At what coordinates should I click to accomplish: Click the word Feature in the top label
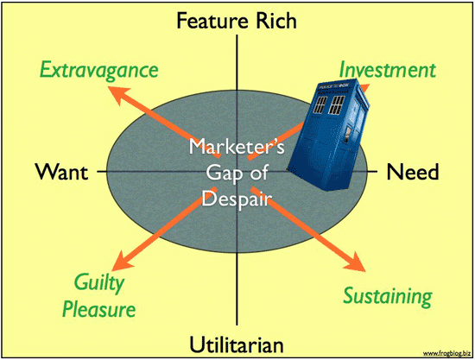(x=213, y=21)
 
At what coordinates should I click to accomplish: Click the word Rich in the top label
(x=276, y=21)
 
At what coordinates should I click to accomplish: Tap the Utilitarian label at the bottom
(x=237, y=344)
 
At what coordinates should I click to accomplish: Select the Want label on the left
(x=62, y=172)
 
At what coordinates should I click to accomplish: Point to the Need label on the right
(x=413, y=172)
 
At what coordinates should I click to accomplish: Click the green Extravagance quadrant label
(x=99, y=71)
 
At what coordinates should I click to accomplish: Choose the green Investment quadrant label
(x=388, y=70)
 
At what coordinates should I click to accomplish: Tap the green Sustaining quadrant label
(x=388, y=296)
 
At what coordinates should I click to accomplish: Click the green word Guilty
(x=99, y=283)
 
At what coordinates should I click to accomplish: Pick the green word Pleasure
(x=99, y=309)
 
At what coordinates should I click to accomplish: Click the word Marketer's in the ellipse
(x=237, y=146)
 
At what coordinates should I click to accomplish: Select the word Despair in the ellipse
(x=237, y=199)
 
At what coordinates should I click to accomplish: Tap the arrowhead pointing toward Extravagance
(x=117, y=94)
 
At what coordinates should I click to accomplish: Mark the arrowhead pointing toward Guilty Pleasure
(x=121, y=262)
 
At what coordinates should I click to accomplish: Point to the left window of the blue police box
(x=320, y=104)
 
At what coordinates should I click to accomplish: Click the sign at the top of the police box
(x=332, y=86)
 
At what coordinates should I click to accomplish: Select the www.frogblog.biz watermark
(x=446, y=353)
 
